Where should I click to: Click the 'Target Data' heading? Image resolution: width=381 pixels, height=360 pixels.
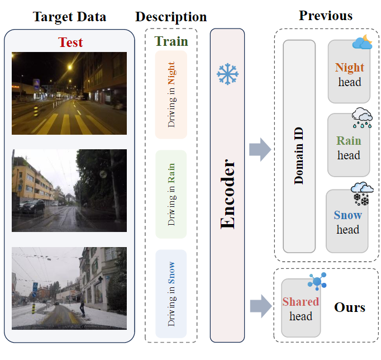point(69,16)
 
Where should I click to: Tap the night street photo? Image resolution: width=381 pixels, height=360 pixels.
point(69,93)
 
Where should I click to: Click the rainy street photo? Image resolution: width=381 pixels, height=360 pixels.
point(69,190)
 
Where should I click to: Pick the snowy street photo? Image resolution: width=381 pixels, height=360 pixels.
point(69,288)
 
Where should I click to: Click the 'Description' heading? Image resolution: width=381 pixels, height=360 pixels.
point(171,17)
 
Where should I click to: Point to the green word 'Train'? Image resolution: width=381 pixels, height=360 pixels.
point(172,41)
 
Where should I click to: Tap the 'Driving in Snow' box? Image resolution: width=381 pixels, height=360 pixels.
point(171,293)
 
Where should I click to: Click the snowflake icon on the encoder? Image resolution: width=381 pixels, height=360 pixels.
point(227,74)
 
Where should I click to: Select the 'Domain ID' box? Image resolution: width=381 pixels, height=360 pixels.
point(299,146)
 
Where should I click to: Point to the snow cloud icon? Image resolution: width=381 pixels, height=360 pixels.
point(361,193)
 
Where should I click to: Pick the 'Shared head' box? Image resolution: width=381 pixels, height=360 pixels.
point(301,309)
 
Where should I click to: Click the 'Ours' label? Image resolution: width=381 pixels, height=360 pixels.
point(350,307)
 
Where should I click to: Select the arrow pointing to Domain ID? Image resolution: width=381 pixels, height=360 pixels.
point(260,150)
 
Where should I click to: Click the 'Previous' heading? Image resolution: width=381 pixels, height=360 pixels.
point(326,15)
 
